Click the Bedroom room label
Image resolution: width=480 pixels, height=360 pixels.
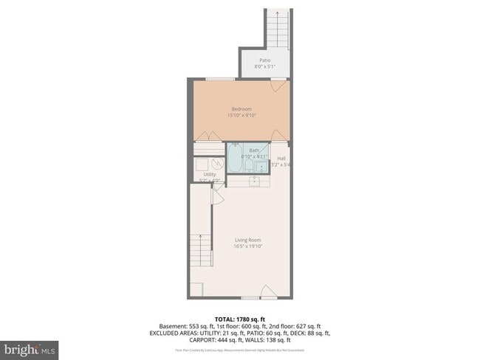point(241,108)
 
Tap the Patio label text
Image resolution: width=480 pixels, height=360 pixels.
point(264,60)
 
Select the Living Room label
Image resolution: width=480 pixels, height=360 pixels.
point(248,240)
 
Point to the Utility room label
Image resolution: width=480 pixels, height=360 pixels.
point(209,174)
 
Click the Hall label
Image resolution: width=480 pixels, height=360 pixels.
point(281,159)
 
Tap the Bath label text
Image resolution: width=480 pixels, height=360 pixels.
point(254,150)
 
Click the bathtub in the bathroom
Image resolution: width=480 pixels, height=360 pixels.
point(234,158)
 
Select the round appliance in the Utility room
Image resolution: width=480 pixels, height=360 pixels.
point(218,164)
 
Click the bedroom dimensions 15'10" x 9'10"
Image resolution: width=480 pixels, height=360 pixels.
point(241,116)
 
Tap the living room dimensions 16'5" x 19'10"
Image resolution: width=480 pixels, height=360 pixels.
point(248,246)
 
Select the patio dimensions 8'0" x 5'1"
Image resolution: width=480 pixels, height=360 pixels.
point(264,66)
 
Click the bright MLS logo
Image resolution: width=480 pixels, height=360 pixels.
point(30,348)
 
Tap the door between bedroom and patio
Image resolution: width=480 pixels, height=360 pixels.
point(278,86)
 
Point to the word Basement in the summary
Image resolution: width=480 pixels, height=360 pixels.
point(172,325)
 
